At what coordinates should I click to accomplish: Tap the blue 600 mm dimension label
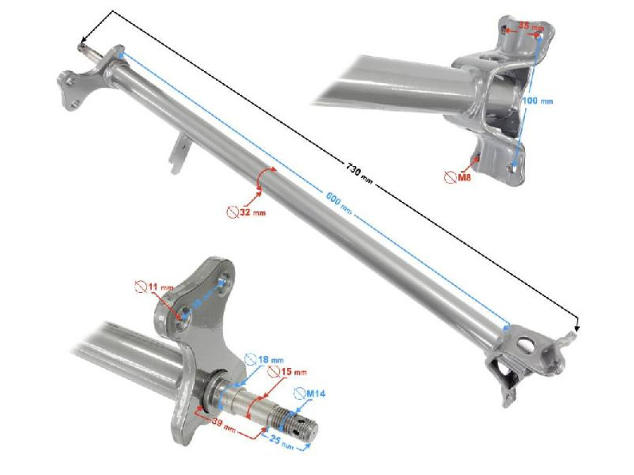point(337,201)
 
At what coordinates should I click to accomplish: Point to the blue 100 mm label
point(537,101)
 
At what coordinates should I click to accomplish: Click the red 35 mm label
point(531,27)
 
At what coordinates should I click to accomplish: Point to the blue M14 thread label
point(315,394)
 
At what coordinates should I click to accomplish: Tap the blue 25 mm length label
point(282,442)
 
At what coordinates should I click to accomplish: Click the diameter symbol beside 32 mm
point(232,212)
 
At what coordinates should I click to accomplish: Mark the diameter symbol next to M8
point(450,177)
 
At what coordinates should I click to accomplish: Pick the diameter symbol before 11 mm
point(141,286)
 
